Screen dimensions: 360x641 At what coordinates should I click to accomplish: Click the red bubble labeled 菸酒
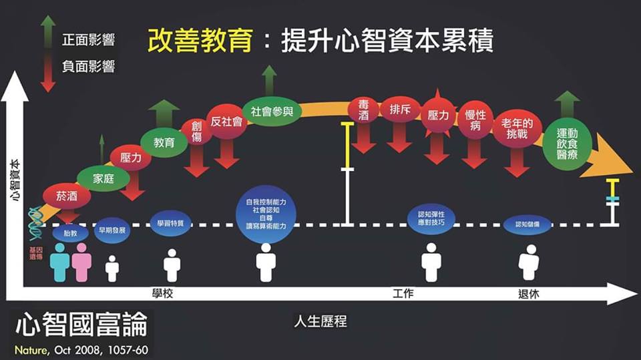coord(66,196)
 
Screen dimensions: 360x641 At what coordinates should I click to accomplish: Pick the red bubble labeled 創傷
coord(196,132)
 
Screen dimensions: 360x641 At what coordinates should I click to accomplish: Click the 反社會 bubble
coord(226,122)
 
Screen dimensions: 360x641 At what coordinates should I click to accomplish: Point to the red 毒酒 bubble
coord(363,111)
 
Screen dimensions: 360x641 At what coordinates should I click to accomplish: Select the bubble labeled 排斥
coord(400,111)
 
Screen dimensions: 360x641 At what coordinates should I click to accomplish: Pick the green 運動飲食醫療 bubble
coord(567,144)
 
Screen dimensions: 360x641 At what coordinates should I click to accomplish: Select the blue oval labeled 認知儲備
coord(527,226)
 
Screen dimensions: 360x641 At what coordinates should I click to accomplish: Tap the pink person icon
coord(81,262)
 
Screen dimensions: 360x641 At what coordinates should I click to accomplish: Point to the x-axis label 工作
coord(403,294)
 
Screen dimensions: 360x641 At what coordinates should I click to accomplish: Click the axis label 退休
coord(528,294)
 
